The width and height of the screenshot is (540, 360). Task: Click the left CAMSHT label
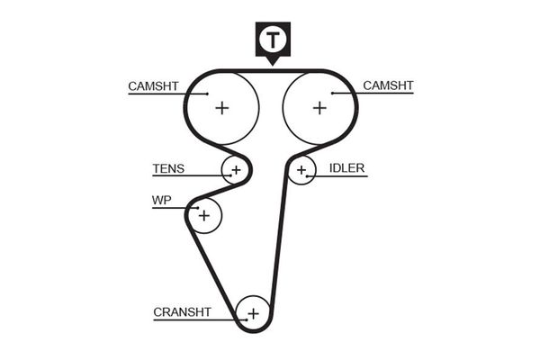[x=153, y=86]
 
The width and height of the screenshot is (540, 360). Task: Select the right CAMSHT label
[x=388, y=85]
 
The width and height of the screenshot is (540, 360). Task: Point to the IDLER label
[x=346, y=168]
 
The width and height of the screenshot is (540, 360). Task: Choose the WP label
[x=161, y=201]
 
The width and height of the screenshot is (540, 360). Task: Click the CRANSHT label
[x=182, y=312]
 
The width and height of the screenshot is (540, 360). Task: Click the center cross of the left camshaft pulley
[x=221, y=108]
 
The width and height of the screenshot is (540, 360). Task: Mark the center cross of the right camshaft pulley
[x=319, y=108]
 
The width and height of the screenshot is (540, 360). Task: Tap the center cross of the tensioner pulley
[x=236, y=168]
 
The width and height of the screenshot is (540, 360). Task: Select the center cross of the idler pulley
[x=302, y=168]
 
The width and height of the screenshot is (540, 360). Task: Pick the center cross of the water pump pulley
[x=204, y=216]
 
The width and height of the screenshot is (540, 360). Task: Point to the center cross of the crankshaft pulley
[x=253, y=313]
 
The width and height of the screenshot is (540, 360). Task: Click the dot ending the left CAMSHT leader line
[x=207, y=94]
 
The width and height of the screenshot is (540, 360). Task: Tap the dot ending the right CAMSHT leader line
[x=333, y=93]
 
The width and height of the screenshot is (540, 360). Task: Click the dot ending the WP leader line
[x=197, y=209]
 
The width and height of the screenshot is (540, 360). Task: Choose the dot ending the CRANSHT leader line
[x=244, y=319]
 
